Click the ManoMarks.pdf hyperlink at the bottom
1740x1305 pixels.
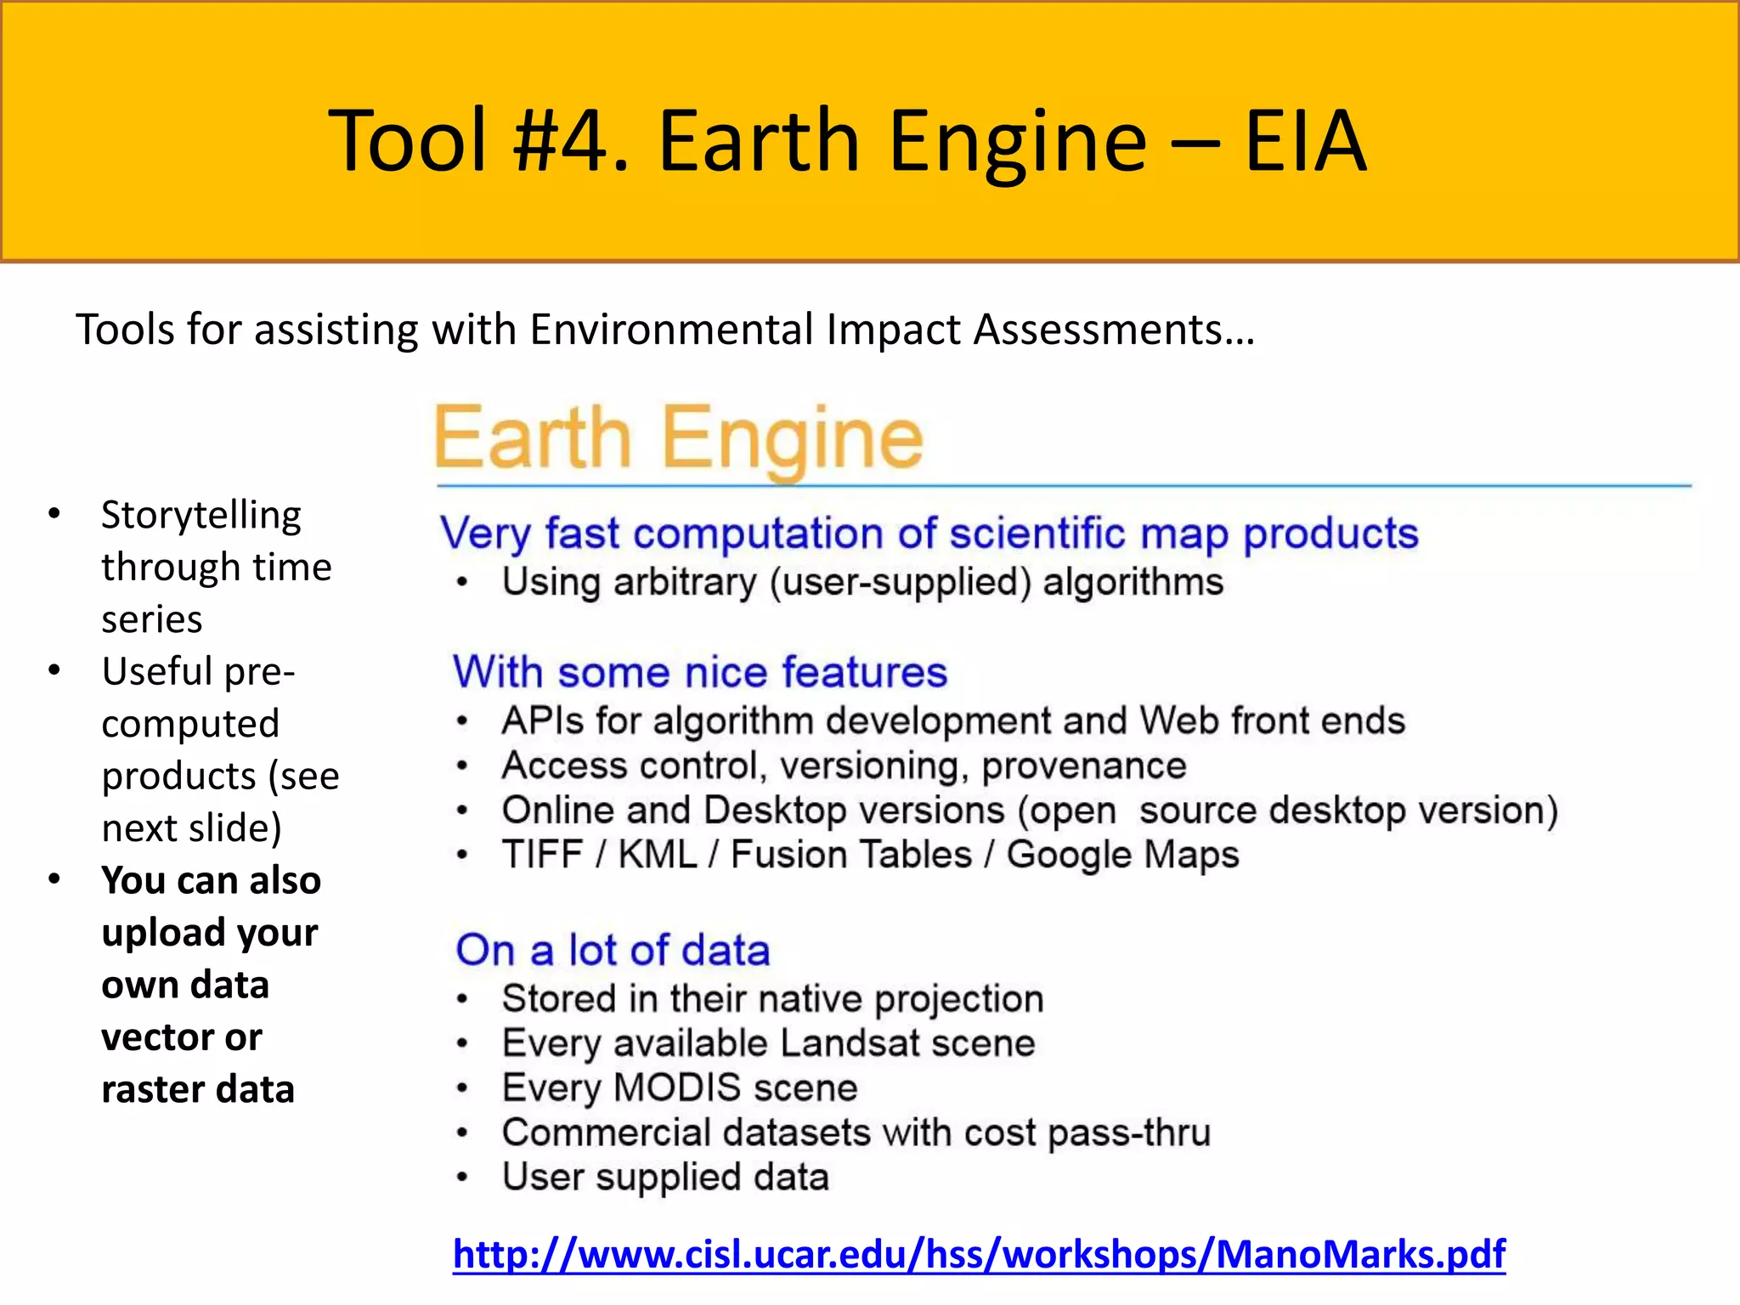point(979,1254)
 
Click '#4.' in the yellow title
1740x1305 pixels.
point(572,141)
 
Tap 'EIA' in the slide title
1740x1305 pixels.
point(1305,141)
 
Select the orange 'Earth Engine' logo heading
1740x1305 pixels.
point(678,438)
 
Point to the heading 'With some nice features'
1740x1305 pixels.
point(699,672)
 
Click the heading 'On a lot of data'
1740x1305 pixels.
point(613,950)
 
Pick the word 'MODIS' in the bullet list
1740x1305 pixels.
point(677,1087)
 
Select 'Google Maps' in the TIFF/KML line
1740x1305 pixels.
point(1122,855)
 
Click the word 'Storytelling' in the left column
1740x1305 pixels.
point(201,516)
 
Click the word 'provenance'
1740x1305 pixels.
point(1083,765)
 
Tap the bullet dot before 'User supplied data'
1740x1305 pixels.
point(462,1178)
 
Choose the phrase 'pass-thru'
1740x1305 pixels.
point(1129,1133)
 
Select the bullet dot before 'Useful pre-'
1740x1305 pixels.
point(54,670)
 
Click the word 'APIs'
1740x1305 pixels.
point(541,720)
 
